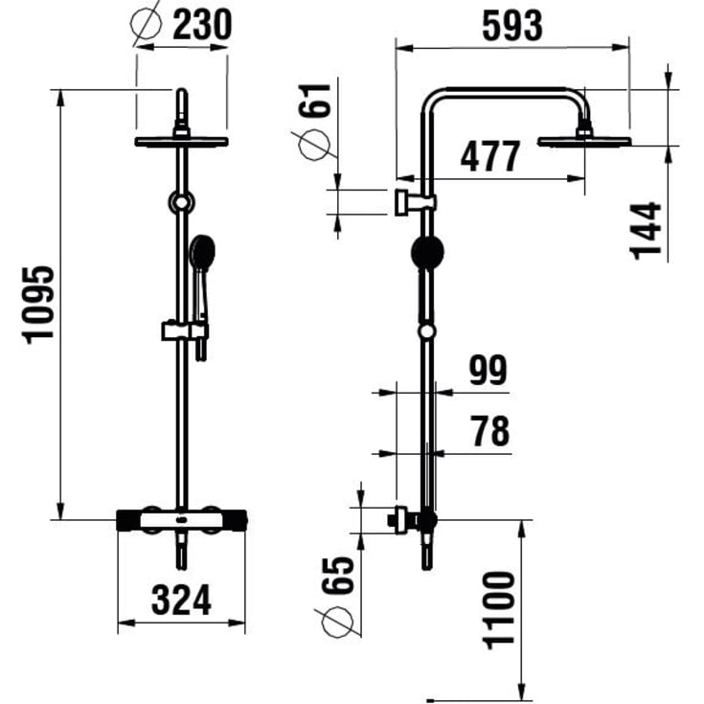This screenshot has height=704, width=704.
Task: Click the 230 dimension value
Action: coord(202,25)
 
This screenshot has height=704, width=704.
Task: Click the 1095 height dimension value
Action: coord(38,305)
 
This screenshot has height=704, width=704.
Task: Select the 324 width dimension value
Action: coord(181,600)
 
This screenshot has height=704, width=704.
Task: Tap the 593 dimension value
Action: coord(512,26)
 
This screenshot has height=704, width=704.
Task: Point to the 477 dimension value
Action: coord(490,156)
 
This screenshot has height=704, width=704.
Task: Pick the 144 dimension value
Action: coord(646,231)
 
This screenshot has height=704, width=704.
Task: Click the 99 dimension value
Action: coord(488,370)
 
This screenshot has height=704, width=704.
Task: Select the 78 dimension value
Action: coord(489,431)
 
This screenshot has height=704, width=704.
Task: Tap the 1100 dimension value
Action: coord(498,611)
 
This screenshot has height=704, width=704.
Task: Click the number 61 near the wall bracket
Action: coord(315,101)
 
